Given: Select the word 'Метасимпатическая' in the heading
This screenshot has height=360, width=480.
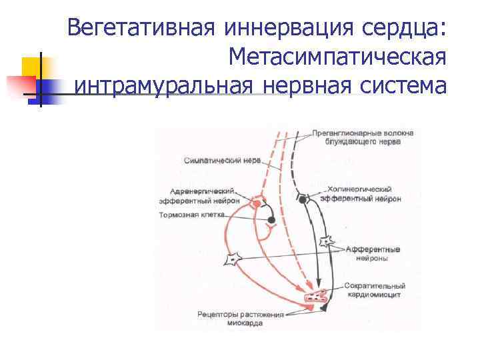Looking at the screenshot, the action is (x=337, y=58).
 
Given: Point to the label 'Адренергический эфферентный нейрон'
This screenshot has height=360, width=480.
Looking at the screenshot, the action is (x=197, y=195).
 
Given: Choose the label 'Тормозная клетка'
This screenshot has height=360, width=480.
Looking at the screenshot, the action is (x=193, y=215).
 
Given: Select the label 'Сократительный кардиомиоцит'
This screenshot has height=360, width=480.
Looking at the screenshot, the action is (x=375, y=290).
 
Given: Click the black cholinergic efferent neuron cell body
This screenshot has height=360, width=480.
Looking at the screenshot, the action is (x=303, y=199).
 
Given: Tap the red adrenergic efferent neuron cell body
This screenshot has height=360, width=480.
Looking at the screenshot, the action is (x=255, y=201).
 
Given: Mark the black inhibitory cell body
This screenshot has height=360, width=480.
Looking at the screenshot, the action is (x=271, y=220).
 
